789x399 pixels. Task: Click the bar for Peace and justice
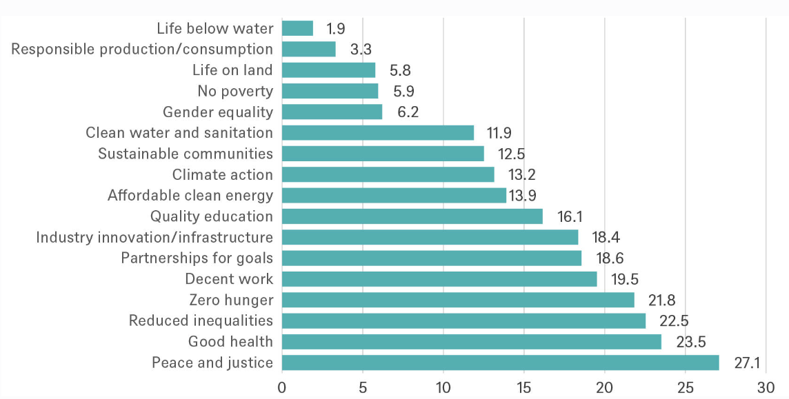click(x=500, y=362)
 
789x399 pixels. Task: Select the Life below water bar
click(x=297, y=28)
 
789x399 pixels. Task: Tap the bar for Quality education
click(x=412, y=216)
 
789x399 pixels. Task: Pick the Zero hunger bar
click(x=458, y=300)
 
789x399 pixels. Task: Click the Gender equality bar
click(x=332, y=112)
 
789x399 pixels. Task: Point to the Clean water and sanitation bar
click(x=378, y=132)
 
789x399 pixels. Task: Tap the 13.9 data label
click(x=523, y=196)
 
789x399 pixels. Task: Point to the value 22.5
click(x=675, y=321)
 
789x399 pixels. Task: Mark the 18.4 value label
click(x=605, y=238)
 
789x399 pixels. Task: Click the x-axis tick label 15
click(x=523, y=387)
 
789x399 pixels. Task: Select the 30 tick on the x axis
click(x=766, y=387)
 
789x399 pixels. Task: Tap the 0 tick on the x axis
click(x=282, y=387)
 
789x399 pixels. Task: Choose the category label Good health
click(x=230, y=342)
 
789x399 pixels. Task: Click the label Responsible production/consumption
click(x=142, y=49)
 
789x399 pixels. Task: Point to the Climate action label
click(x=222, y=174)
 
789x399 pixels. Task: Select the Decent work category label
click(x=229, y=279)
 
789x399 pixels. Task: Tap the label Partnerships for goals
click(x=197, y=258)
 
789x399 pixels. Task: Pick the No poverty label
click(x=234, y=91)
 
